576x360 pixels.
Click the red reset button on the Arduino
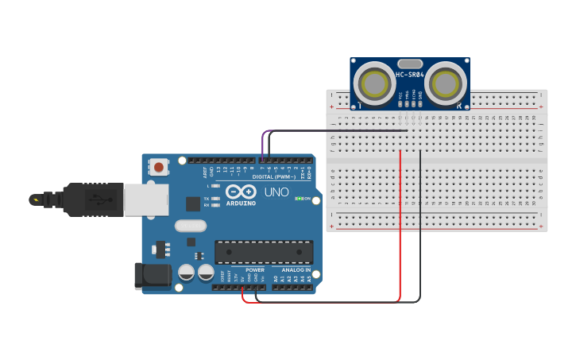pos(159,167)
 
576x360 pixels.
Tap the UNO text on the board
pos(276,192)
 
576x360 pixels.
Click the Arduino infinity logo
pos(240,192)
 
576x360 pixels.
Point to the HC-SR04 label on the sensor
pos(410,75)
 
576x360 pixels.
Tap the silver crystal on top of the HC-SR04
pos(410,63)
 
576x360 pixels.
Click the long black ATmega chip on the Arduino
pos(264,251)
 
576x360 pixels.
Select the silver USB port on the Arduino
pos(145,199)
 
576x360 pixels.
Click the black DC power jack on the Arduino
pos(153,276)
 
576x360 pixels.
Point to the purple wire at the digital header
pos(264,143)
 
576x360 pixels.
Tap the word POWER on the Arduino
pos(255,270)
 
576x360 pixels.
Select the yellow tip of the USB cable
pos(35,199)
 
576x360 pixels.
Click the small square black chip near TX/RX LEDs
pos(193,203)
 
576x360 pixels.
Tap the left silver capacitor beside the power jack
pos(187,273)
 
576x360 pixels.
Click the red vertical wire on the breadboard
pos(400,223)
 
